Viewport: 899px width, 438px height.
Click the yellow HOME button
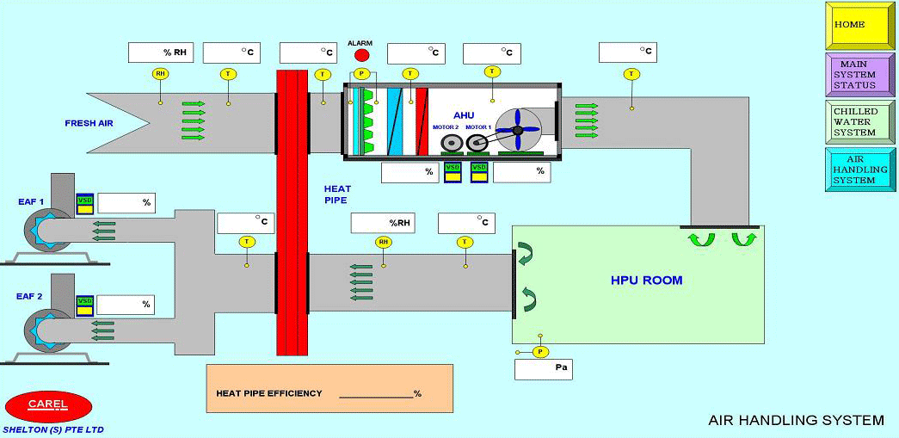tap(859, 25)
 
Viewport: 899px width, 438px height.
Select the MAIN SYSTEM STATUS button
tap(859, 74)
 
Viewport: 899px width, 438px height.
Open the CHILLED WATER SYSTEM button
tap(859, 122)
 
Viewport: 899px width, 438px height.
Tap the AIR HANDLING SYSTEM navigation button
tap(859, 170)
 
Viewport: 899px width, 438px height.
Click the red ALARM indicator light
tap(361, 56)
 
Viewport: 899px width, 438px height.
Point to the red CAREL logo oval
tap(48, 405)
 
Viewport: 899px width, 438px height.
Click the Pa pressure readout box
tap(543, 369)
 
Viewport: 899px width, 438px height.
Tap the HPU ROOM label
tap(646, 281)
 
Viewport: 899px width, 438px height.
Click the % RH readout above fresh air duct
tap(161, 52)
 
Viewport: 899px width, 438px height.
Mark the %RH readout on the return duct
tap(383, 223)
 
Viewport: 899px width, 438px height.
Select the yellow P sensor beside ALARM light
tap(361, 74)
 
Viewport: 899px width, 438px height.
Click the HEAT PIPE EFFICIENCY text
tap(269, 393)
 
